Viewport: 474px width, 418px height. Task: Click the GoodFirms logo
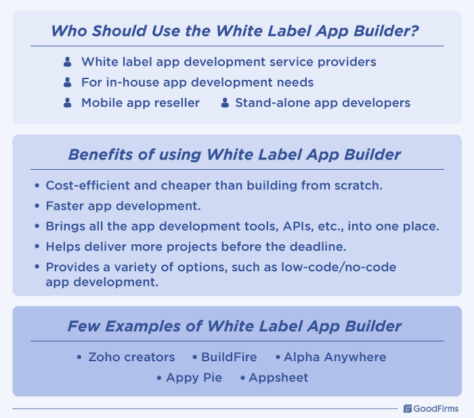pyautogui.click(x=431, y=409)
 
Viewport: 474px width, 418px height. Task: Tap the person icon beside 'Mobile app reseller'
pyautogui.click(x=67, y=103)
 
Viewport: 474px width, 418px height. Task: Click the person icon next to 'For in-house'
pyautogui.click(x=67, y=83)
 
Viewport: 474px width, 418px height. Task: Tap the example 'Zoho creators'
pyautogui.click(x=131, y=356)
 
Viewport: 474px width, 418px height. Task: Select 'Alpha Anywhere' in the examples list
pyautogui.click(x=335, y=356)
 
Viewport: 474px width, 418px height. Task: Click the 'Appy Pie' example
pyautogui.click(x=194, y=377)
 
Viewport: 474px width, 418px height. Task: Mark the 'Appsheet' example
pyautogui.click(x=278, y=377)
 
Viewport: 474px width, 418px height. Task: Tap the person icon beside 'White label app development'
pyautogui.click(x=67, y=62)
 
